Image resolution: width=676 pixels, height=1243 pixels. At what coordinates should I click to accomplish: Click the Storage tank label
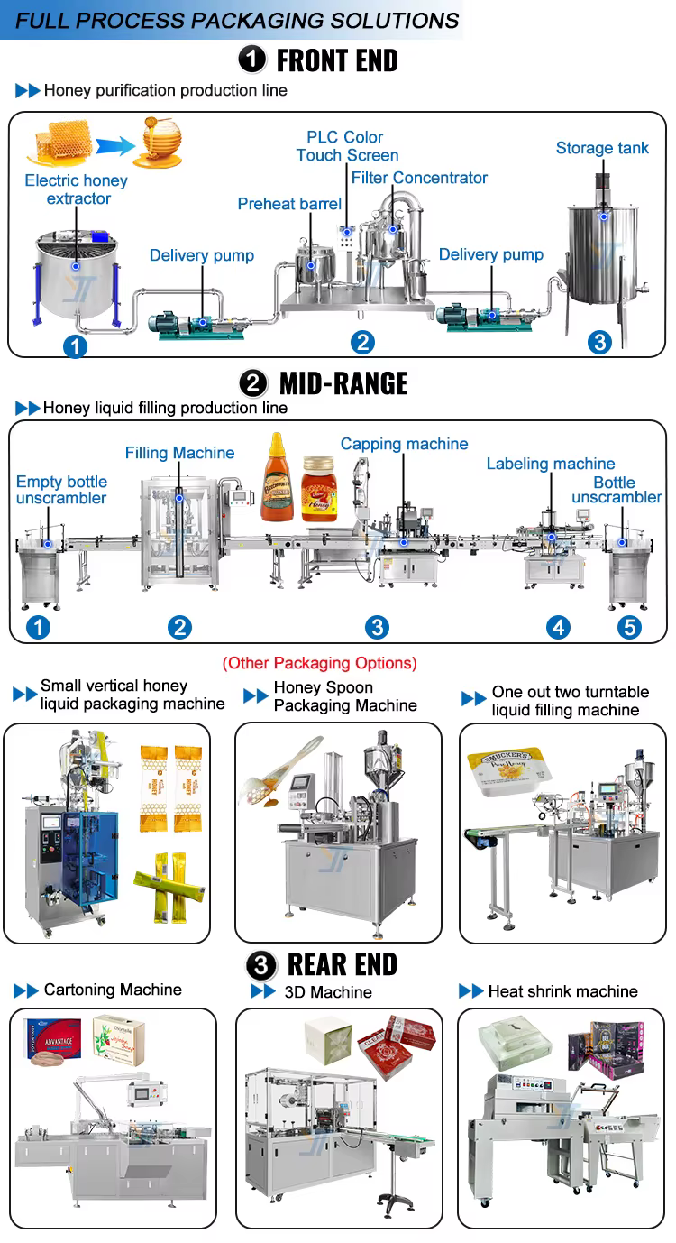[602, 148]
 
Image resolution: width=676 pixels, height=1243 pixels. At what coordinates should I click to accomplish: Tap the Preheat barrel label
[289, 204]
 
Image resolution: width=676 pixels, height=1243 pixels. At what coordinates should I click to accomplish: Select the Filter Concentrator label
[419, 178]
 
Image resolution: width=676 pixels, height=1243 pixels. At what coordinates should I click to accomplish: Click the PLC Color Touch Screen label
[346, 146]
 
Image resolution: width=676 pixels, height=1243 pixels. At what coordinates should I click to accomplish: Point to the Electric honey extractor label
[77, 189]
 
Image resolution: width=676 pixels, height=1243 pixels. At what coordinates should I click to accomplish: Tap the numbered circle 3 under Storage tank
[599, 341]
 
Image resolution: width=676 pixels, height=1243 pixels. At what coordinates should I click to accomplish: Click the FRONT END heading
[337, 60]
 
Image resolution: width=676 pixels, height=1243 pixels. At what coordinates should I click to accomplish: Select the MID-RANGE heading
[343, 383]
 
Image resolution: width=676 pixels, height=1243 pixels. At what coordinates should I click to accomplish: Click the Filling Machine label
[179, 453]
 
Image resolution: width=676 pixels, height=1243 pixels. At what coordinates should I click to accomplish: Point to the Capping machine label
[404, 444]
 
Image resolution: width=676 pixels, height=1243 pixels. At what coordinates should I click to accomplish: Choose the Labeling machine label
[551, 464]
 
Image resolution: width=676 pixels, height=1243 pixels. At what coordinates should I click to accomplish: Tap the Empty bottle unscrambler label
[61, 490]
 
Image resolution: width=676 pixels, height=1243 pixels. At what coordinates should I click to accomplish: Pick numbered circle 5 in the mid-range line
[629, 627]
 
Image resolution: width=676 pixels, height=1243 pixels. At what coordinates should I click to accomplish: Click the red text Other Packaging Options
[320, 663]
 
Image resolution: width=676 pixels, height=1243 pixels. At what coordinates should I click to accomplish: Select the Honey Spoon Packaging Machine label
[345, 696]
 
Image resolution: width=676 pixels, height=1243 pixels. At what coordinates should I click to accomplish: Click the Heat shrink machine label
[562, 991]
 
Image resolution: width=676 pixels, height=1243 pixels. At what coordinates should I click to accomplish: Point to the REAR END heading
[343, 964]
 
